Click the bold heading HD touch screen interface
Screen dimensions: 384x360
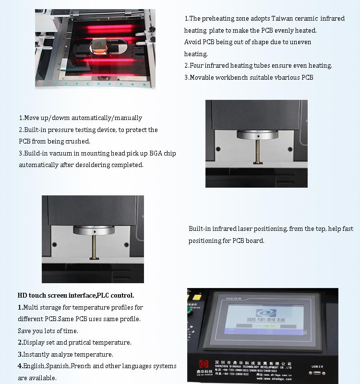click(x=76, y=295)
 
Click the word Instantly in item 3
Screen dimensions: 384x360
click(x=38, y=354)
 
